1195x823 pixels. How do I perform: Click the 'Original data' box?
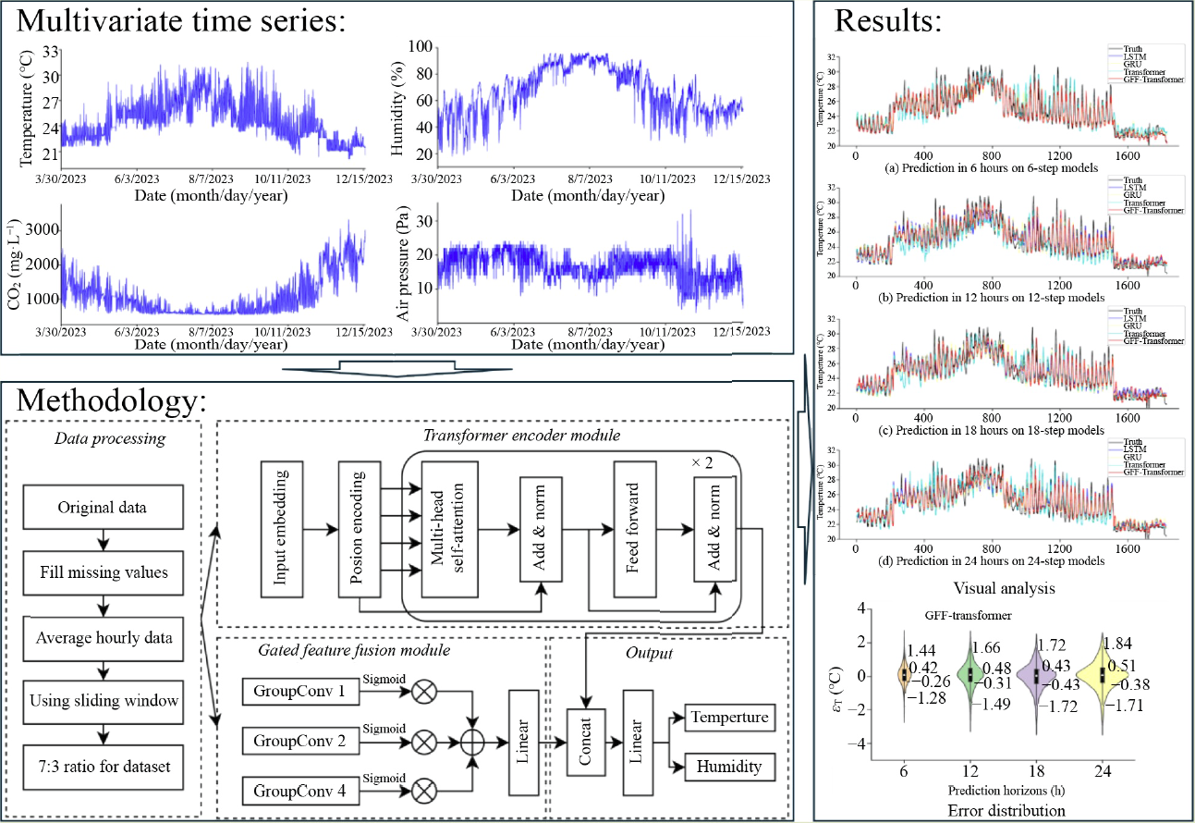(102, 508)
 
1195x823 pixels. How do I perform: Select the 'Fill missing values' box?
(102, 572)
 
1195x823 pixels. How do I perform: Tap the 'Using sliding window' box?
(102, 702)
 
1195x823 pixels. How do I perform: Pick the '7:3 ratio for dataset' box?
(102, 766)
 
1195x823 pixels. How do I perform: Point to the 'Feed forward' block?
(635, 530)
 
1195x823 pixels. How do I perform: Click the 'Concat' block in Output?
(586, 740)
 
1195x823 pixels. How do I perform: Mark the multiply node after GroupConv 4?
(424, 791)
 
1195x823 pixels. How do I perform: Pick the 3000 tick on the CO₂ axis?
(44, 229)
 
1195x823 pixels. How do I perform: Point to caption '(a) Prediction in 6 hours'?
(979, 168)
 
